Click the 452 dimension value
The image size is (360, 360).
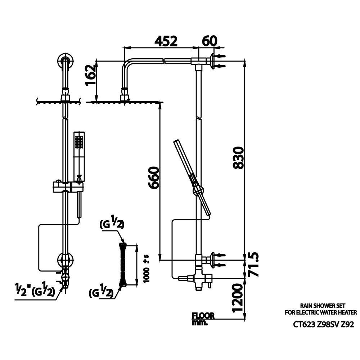[x=166, y=41]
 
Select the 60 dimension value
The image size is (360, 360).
[x=210, y=41]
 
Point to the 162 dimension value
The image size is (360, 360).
[x=90, y=75]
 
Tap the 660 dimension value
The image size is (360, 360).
[x=154, y=178]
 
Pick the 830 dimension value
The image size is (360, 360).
[x=238, y=158]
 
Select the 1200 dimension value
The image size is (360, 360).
[x=237, y=298]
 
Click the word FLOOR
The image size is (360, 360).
[x=203, y=316]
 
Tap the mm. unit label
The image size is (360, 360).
[x=199, y=323]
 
